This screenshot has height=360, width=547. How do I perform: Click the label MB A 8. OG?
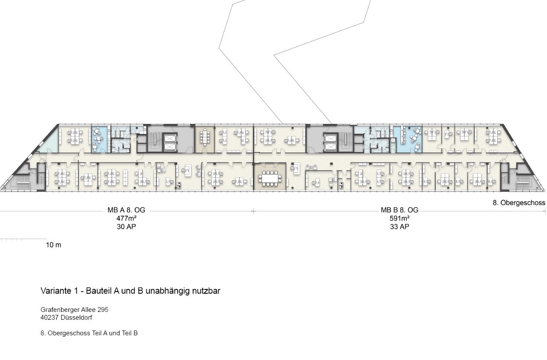[x=126, y=210]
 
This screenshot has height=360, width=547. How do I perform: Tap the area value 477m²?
[x=126, y=218]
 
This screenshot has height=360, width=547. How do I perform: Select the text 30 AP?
[x=126, y=227]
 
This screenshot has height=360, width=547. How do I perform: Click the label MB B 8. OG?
[x=399, y=210]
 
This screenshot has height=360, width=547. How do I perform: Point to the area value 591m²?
[x=399, y=218]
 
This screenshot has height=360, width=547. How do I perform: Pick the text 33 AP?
[x=399, y=227]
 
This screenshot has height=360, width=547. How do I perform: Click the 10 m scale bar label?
[x=53, y=245]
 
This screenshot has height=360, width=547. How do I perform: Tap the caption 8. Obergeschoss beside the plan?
[x=519, y=203]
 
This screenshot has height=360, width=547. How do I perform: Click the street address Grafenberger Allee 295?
[x=74, y=310]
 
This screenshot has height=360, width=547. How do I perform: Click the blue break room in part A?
[x=99, y=139]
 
